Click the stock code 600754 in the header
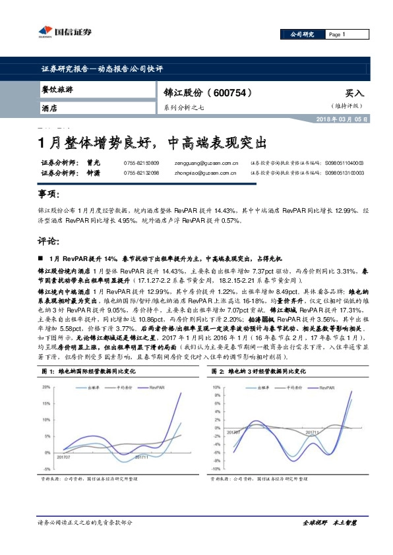click(231, 94)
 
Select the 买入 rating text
click(354, 94)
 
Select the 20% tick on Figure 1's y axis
click(45, 387)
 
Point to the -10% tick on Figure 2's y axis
click(216, 470)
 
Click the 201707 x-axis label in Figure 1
click(63, 456)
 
